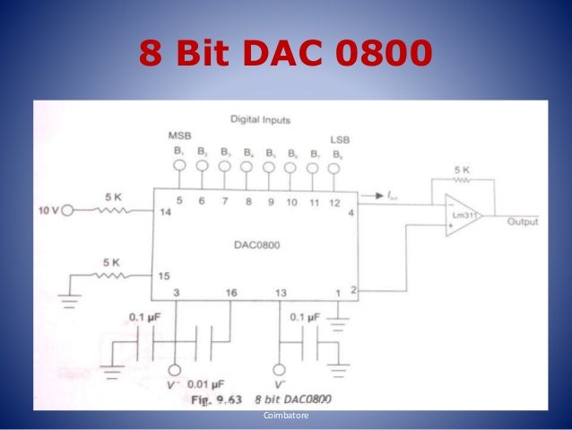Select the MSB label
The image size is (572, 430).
point(180,135)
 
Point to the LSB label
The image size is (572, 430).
point(340,140)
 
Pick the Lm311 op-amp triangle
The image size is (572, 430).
point(460,215)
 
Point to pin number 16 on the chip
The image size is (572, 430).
point(232,294)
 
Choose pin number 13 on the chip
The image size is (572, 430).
point(281,294)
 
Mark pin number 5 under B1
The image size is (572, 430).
point(180,201)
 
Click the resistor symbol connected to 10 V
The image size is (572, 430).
point(112,211)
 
